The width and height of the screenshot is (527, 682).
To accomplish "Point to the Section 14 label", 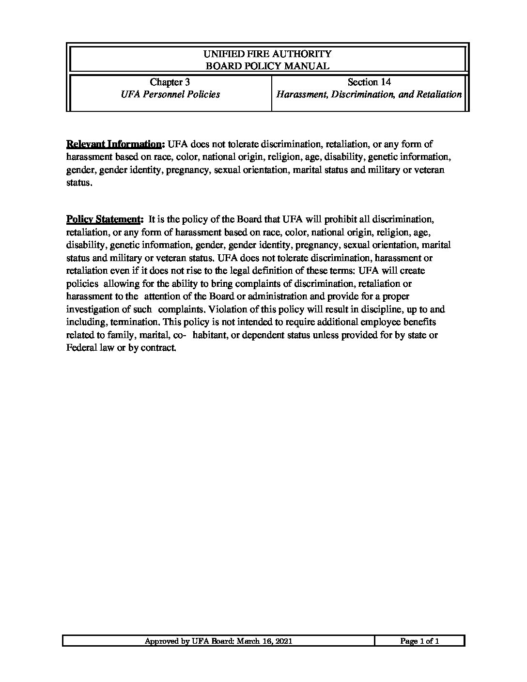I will [x=369, y=82].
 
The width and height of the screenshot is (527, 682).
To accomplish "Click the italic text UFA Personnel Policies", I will [x=170, y=94].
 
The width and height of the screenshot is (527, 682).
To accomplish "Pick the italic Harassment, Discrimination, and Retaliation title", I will [x=369, y=94].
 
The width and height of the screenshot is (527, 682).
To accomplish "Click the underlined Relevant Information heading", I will [x=115, y=144].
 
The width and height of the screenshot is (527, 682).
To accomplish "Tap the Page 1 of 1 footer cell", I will [x=419, y=641].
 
